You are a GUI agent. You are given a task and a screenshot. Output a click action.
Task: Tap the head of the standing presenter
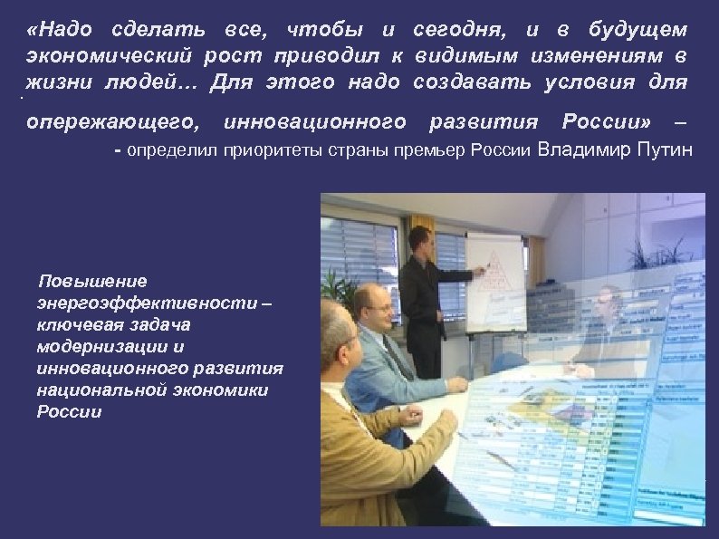[x=418, y=241]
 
